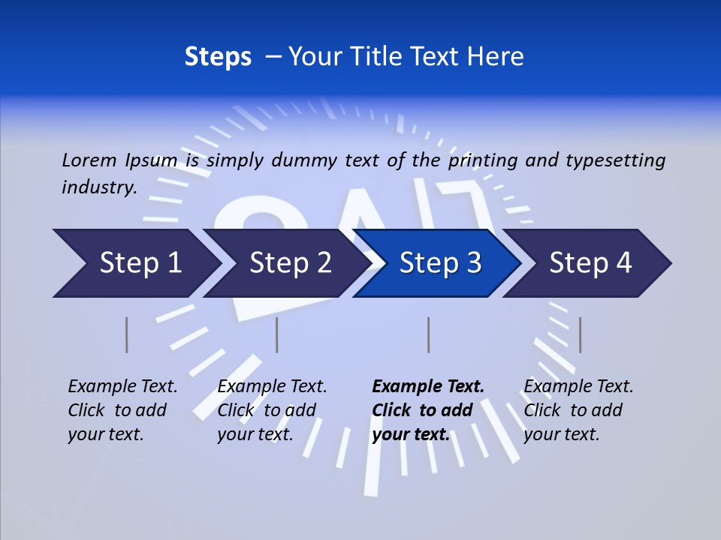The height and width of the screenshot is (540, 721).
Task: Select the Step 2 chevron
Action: (x=290, y=263)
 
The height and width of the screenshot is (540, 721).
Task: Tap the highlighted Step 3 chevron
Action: (x=440, y=263)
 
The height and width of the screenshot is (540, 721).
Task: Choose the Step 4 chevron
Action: (x=590, y=263)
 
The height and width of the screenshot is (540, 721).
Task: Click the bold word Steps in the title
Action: (x=218, y=57)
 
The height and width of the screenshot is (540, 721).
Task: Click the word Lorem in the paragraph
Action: (x=89, y=160)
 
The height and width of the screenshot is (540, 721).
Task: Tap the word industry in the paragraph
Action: (x=98, y=187)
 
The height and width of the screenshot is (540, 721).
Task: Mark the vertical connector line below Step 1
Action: (x=127, y=334)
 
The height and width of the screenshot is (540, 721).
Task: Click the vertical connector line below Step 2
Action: (x=277, y=334)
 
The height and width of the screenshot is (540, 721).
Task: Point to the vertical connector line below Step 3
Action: (x=428, y=334)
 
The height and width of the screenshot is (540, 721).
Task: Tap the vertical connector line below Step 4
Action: (x=580, y=334)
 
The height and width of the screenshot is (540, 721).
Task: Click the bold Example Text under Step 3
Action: (x=428, y=387)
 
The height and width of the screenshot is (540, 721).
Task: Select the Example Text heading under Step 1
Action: (x=122, y=387)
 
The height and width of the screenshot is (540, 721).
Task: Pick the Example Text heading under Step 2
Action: (x=272, y=387)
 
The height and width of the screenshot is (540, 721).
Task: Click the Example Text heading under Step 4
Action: (x=578, y=387)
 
